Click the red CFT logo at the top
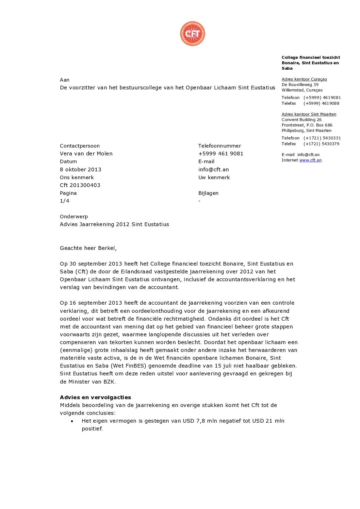point(193,34)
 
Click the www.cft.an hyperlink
point(310,160)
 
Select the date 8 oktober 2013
point(80,169)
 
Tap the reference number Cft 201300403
point(80,185)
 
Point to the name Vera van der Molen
point(86,153)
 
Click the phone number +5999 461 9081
point(220,153)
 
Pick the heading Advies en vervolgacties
point(95,397)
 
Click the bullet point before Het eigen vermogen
point(72,421)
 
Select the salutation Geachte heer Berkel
point(88,248)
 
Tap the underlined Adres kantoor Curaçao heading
point(304,79)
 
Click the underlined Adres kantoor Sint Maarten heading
point(309,114)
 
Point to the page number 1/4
point(65,201)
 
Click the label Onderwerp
point(74,216)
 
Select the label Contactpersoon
point(80,146)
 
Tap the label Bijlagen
point(208,193)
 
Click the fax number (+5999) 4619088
point(321,103)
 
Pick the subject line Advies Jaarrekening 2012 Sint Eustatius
point(114,224)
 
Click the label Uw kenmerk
point(214,177)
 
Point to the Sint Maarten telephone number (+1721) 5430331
point(322,138)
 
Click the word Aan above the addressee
point(65,80)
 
